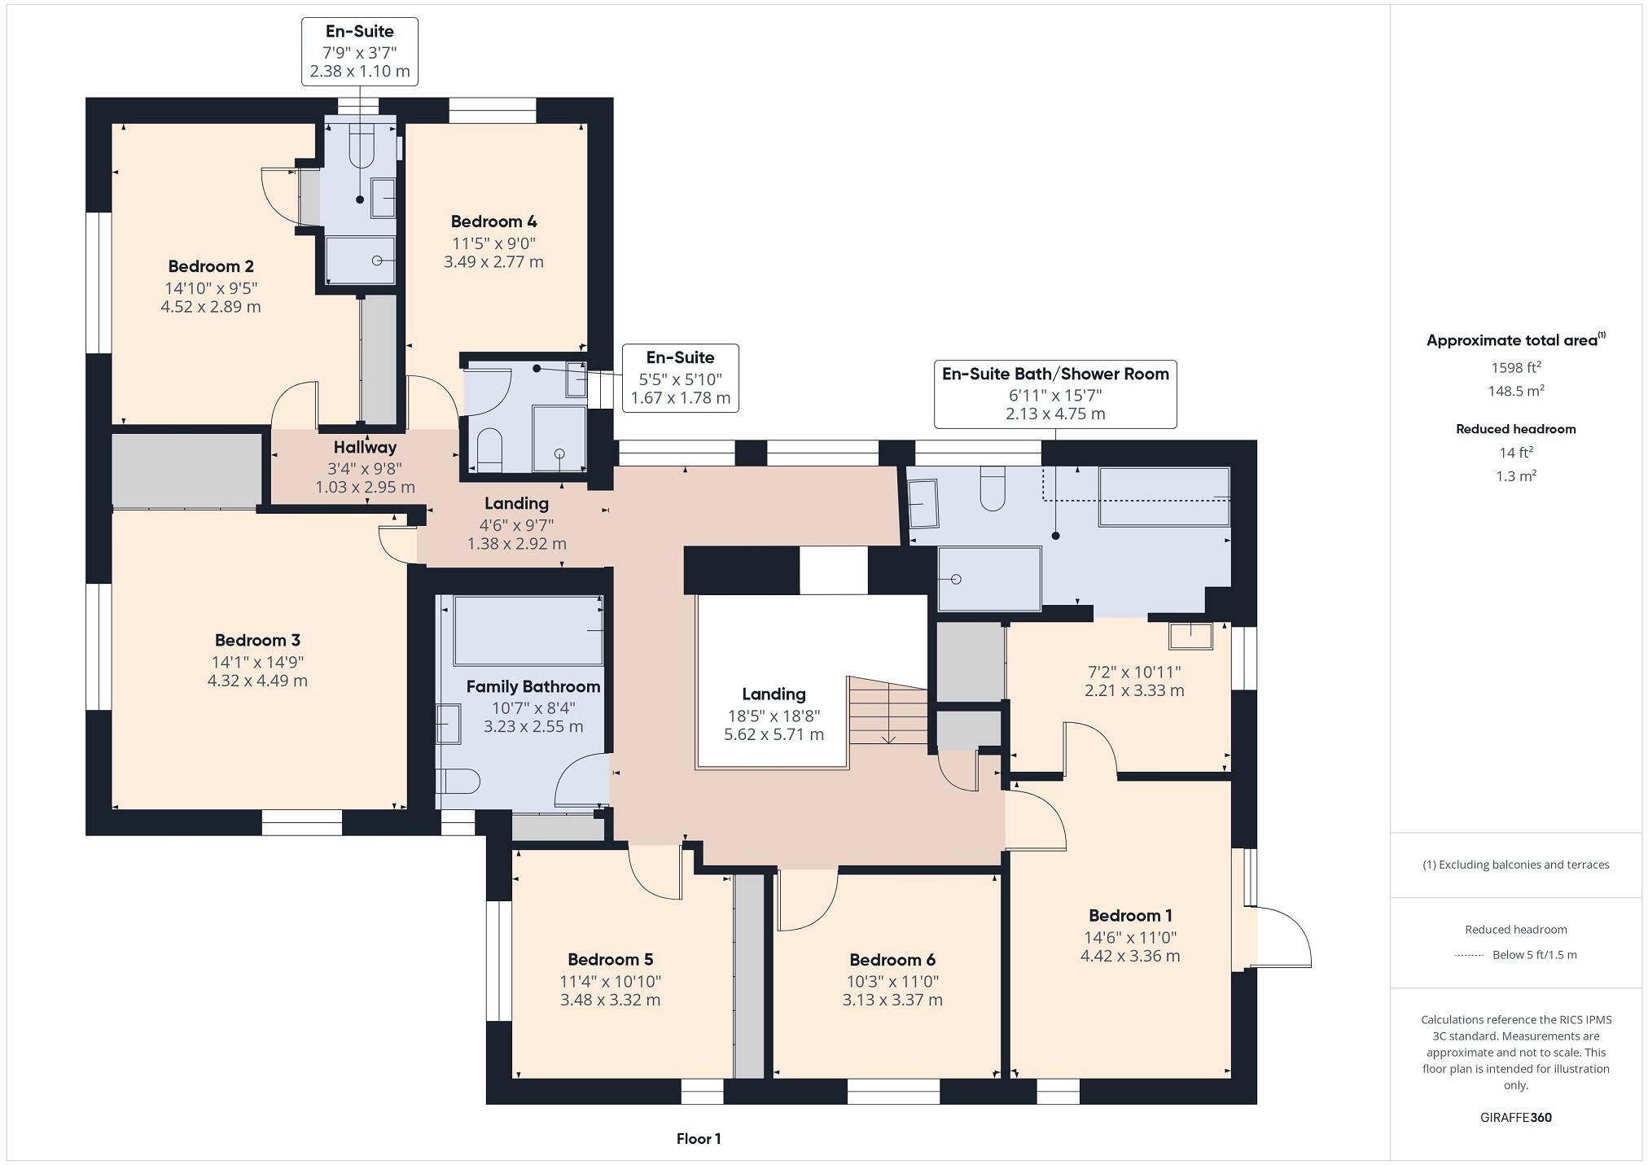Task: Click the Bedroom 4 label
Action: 493,221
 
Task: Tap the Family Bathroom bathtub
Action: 528,631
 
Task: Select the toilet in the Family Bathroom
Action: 458,782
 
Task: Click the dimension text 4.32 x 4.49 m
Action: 257,681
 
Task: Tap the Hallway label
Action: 365,447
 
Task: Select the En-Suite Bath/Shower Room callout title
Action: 1055,374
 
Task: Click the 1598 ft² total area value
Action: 1515,367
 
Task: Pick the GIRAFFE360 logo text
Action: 1515,1117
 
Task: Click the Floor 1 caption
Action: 699,1138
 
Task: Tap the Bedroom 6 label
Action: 892,960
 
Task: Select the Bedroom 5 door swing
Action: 656,874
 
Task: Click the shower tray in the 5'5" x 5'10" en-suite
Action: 559,439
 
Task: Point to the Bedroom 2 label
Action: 211,266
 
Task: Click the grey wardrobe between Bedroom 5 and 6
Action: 749,977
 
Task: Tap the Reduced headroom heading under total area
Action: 1515,429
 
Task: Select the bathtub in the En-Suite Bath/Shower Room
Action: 1164,497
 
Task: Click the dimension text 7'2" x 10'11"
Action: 1134,672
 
